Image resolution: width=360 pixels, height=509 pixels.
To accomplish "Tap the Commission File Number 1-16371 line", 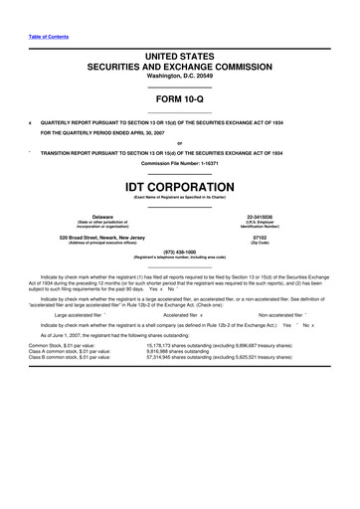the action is tap(180, 162).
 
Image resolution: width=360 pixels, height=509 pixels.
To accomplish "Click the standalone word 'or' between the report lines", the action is tap(180, 141).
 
